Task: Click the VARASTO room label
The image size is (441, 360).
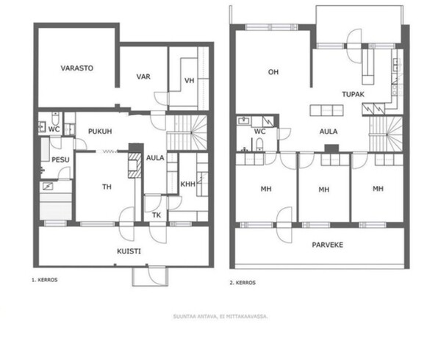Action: click(76, 68)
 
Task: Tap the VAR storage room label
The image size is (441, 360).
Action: click(143, 76)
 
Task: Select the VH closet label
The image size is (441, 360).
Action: click(190, 81)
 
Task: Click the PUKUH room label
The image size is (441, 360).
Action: click(100, 132)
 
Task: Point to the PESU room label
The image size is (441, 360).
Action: click(60, 160)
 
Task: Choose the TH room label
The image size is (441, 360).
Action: click(107, 187)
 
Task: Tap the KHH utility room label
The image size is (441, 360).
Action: click(188, 184)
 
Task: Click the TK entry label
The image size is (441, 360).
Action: click(157, 215)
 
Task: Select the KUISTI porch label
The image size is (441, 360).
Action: click(129, 251)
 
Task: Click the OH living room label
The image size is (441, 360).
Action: click(273, 72)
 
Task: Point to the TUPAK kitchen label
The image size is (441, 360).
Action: click(354, 94)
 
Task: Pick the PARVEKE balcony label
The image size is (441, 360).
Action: click(327, 245)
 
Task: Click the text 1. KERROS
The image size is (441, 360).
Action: click(44, 280)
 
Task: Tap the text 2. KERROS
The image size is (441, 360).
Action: click(243, 283)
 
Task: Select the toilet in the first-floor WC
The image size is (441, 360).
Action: click(55, 119)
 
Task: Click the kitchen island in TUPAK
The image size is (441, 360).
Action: click(326, 110)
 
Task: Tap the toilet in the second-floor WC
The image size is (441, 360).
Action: click(259, 143)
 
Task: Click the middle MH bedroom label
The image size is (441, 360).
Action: click(323, 190)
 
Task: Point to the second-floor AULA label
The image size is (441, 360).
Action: click(329, 132)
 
